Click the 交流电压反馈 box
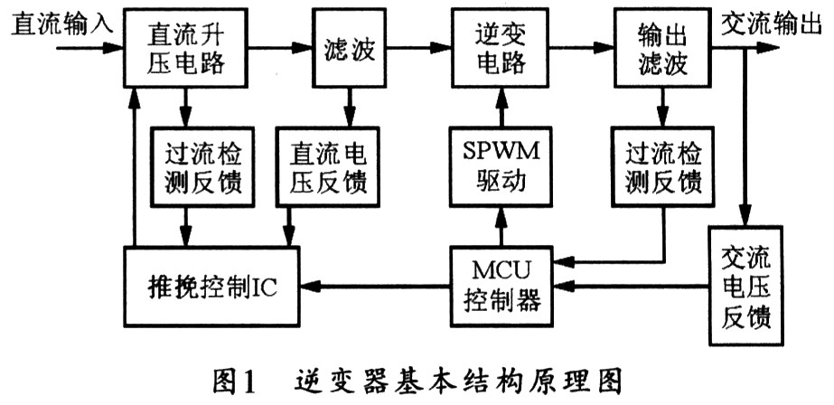click(746, 287)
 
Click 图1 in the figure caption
click(233, 379)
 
